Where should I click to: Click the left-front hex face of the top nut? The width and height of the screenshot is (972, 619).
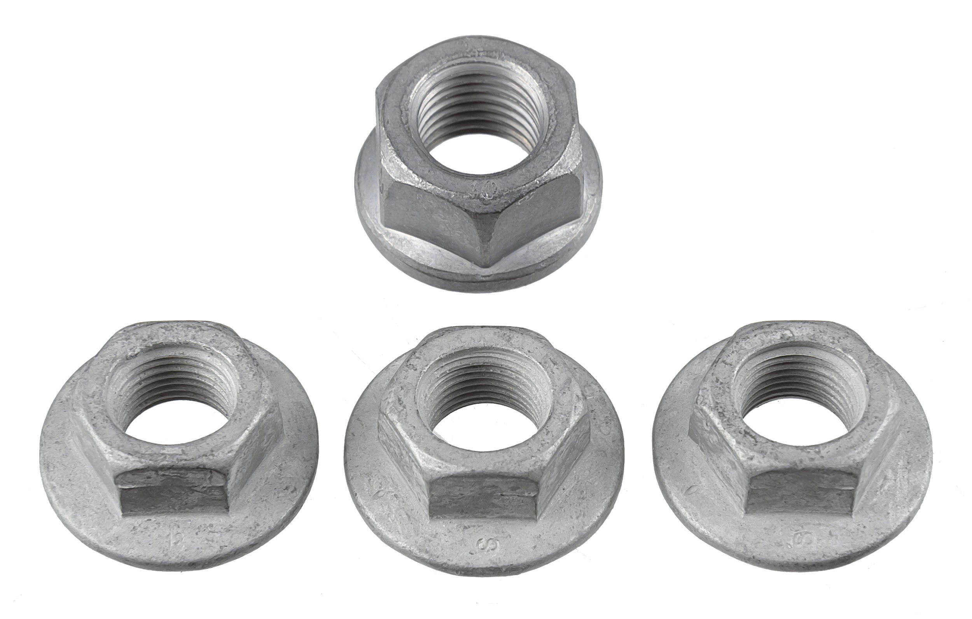pyautogui.click(x=432, y=222)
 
